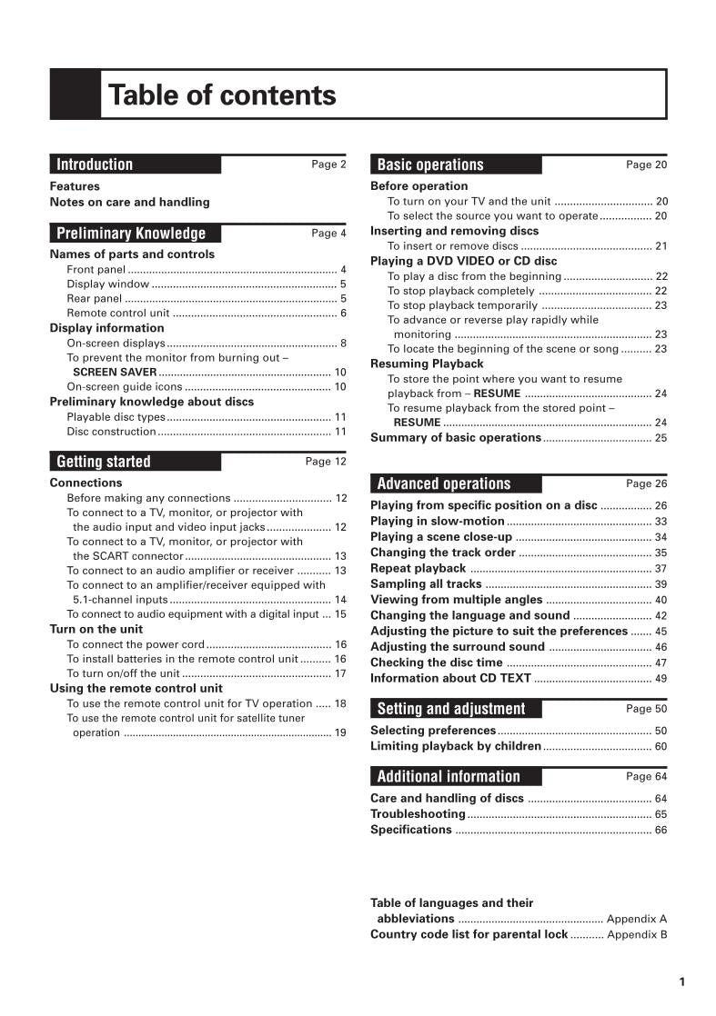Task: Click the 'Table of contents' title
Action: [x=222, y=95]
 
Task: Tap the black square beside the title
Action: [x=75, y=95]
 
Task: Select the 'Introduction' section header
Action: [x=95, y=164]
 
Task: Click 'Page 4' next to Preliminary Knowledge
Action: [x=328, y=234]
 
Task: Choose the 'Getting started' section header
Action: [x=104, y=462]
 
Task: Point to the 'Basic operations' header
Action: [x=430, y=164]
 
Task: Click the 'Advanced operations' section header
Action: [x=444, y=483]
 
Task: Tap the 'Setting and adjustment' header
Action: [x=451, y=709]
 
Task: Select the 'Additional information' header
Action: [x=449, y=776]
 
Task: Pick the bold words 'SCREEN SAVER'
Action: [x=115, y=373]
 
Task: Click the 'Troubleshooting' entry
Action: [x=418, y=814]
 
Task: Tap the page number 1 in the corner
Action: [x=681, y=981]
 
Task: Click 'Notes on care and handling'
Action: [x=129, y=202]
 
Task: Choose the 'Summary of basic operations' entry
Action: [x=456, y=437]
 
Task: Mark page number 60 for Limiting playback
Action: [x=661, y=746]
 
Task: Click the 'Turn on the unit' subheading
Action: [x=96, y=629]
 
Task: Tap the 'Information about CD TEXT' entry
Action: [x=450, y=678]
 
